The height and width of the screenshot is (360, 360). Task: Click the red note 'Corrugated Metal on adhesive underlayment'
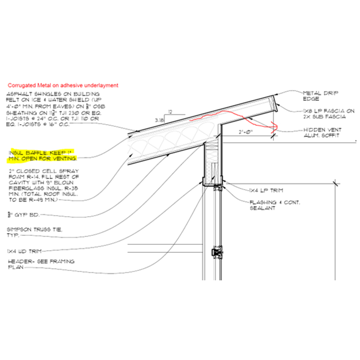tap(63, 85)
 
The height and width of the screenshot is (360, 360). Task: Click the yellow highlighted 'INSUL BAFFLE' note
tap(43, 156)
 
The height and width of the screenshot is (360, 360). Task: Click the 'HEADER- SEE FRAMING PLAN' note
tap(40, 264)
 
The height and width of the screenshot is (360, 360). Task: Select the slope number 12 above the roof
tap(169, 112)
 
